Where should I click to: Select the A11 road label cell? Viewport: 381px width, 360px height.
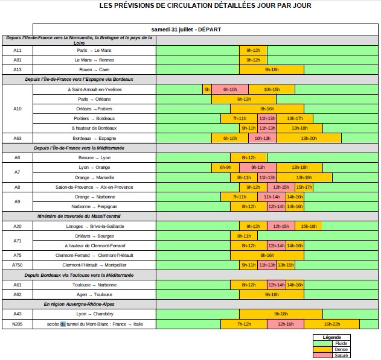coord(18,50)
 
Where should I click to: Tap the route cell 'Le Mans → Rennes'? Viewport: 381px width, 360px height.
coord(94,60)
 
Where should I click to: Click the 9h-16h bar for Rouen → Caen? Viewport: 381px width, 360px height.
coord(272,69)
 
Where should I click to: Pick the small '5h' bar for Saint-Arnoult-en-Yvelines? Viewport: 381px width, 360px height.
coord(207,89)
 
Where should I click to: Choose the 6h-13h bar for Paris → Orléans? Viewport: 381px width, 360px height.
coord(244,99)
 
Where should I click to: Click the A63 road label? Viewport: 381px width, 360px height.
coord(18,138)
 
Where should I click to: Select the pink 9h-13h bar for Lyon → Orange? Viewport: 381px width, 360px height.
coord(258,167)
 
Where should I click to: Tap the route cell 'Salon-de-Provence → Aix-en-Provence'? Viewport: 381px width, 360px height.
coord(94,187)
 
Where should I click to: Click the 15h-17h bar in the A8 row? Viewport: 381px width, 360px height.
coord(304,187)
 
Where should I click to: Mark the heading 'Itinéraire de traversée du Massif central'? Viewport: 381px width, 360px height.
coord(78,216)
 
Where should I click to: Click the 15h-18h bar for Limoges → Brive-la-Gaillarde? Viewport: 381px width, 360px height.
coord(309,226)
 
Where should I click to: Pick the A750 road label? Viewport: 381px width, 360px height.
coord(18,265)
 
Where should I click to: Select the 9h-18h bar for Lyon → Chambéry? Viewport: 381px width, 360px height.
coord(281,314)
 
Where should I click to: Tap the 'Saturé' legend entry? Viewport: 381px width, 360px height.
coord(341,355)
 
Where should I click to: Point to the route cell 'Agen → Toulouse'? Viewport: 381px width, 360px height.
coord(94,294)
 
